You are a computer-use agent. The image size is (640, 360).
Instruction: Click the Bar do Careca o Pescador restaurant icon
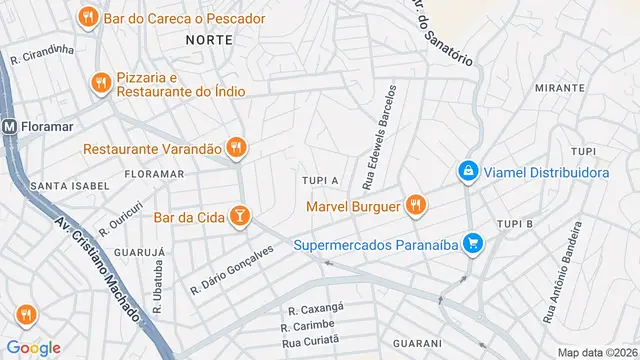88,18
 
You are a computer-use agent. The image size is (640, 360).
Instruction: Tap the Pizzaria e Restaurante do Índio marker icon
99,84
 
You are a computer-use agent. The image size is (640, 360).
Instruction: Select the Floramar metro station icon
10,128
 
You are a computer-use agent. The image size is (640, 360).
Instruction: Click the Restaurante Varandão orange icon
236,148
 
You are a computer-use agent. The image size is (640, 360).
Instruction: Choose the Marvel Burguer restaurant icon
416,207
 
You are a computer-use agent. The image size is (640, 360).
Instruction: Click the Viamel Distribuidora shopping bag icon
467,173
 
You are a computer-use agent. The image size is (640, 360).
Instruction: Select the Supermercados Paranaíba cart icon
476,244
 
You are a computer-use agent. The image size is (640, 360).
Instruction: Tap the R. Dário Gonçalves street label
231,271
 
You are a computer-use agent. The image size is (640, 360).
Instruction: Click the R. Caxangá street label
316,310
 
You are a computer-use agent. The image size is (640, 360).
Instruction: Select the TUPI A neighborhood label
320,180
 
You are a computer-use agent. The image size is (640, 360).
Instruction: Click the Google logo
34,348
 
